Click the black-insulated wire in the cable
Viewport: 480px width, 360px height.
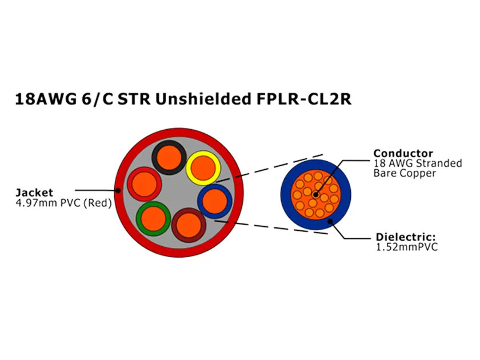point(168,157)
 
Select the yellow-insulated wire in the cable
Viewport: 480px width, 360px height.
point(203,167)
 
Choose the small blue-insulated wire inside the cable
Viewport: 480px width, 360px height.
point(214,201)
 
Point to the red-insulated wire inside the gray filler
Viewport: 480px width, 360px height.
point(143,184)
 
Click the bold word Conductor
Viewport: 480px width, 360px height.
point(403,153)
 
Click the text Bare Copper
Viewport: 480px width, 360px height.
point(405,173)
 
